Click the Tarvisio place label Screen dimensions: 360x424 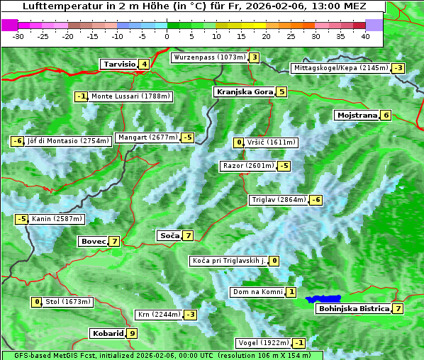(119, 64)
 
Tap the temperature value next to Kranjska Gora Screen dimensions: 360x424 (281, 91)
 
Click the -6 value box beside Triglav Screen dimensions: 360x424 (316, 200)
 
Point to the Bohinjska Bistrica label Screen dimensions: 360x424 (353, 308)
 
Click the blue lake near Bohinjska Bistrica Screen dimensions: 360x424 (323, 300)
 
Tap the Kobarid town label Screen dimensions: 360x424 (107, 333)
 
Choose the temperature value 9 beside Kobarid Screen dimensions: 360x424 (132, 333)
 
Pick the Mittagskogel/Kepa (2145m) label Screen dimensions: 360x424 (340, 68)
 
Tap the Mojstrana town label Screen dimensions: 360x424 (357, 115)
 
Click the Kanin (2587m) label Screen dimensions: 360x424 (57, 219)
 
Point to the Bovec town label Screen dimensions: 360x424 (92, 241)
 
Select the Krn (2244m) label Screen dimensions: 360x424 (157, 314)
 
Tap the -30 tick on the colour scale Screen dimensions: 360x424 (18, 35)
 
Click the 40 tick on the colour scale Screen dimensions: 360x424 (365, 35)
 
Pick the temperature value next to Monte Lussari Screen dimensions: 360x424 (81, 96)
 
